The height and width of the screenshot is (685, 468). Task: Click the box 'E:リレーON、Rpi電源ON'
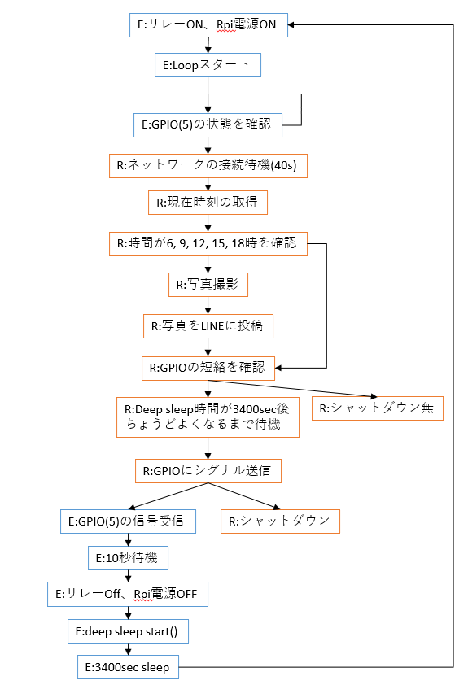click(x=208, y=25)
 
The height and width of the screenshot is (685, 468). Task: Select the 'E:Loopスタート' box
click(x=208, y=65)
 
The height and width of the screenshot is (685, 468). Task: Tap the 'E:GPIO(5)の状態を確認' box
click(x=208, y=125)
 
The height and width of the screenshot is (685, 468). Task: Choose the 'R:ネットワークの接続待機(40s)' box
click(x=208, y=166)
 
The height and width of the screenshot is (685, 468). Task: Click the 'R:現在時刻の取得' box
click(x=208, y=203)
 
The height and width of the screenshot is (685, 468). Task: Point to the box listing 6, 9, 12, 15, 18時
click(x=208, y=244)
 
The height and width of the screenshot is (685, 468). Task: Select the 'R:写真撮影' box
click(x=208, y=285)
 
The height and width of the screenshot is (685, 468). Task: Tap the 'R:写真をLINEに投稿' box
click(x=208, y=326)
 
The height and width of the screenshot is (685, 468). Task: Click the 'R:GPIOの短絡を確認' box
click(x=208, y=369)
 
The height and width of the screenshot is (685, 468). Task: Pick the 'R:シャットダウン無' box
click(x=378, y=408)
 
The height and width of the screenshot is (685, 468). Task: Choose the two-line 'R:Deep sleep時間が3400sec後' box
click(x=208, y=417)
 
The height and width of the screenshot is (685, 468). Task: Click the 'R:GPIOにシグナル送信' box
click(x=208, y=471)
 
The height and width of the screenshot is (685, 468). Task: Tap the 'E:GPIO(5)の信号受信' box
click(x=128, y=521)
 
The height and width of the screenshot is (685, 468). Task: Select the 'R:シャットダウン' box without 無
click(x=280, y=521)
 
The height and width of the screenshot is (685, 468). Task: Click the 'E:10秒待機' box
click(x=128, y=558)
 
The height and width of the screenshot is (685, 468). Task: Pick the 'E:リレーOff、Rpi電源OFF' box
click(x=128, y=594)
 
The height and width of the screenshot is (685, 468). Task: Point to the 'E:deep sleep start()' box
click(x=128, y=631)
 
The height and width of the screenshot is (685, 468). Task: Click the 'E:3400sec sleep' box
click(x=128, y=667)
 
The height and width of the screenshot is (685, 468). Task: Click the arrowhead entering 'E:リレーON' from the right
click(x=291, y=25)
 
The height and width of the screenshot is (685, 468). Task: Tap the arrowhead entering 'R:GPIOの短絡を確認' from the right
click(x=278, y=368)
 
